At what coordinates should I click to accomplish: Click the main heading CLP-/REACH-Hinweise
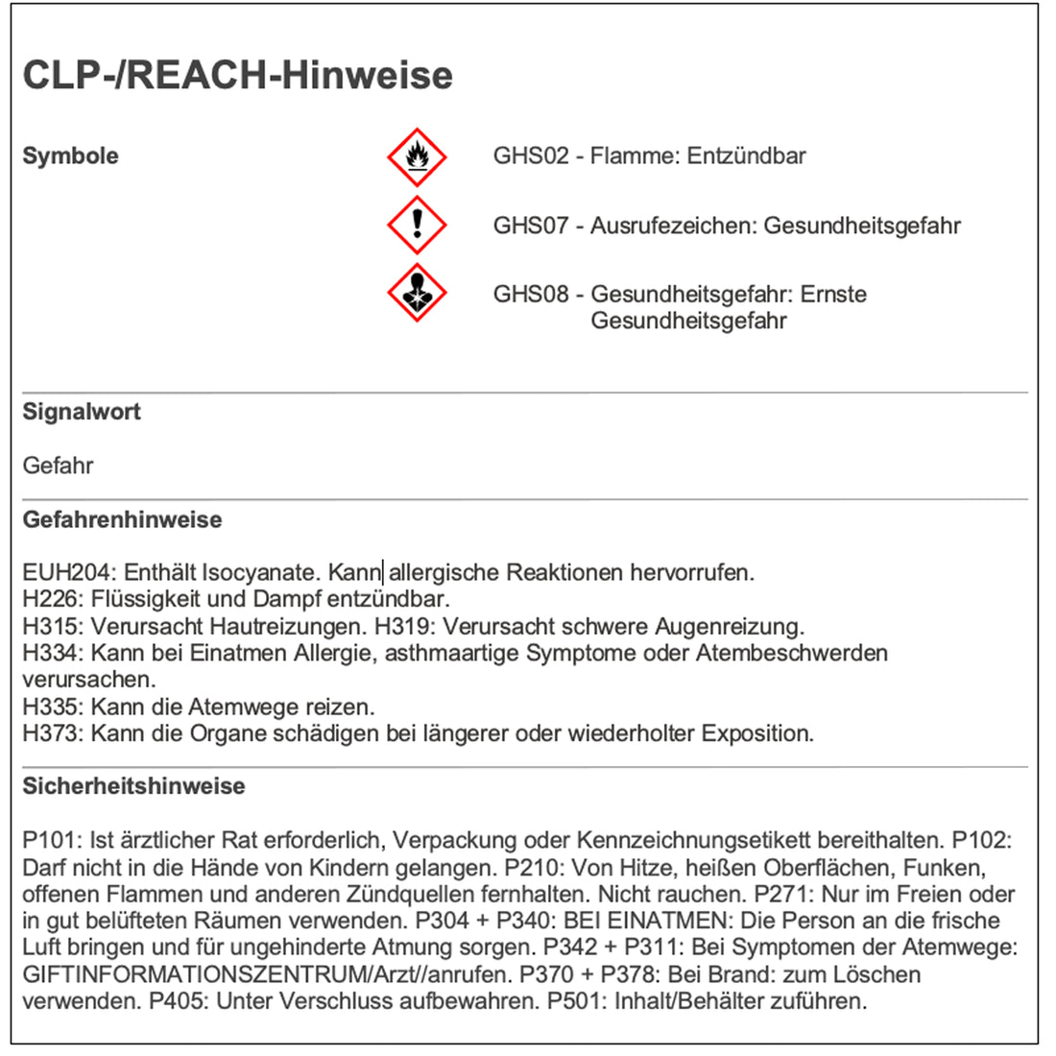(x=237, y=75)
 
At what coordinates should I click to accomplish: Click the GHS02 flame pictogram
(x=417, y=156)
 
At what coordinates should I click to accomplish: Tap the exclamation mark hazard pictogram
(x=417, y=225)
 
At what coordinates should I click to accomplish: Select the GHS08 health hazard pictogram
(x=417, y=293)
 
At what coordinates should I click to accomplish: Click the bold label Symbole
(x=70, y=156)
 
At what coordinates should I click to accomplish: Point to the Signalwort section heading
(x=82, y=412)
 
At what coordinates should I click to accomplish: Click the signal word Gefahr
(x=58, y=466)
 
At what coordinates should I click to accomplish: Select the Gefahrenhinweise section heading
(x=122, y=519)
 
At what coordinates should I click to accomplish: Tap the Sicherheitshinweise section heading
(x=133, y=786)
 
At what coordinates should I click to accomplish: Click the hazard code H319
(x=404, y=627)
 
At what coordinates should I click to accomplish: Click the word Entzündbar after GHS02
(x=746, y=156)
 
